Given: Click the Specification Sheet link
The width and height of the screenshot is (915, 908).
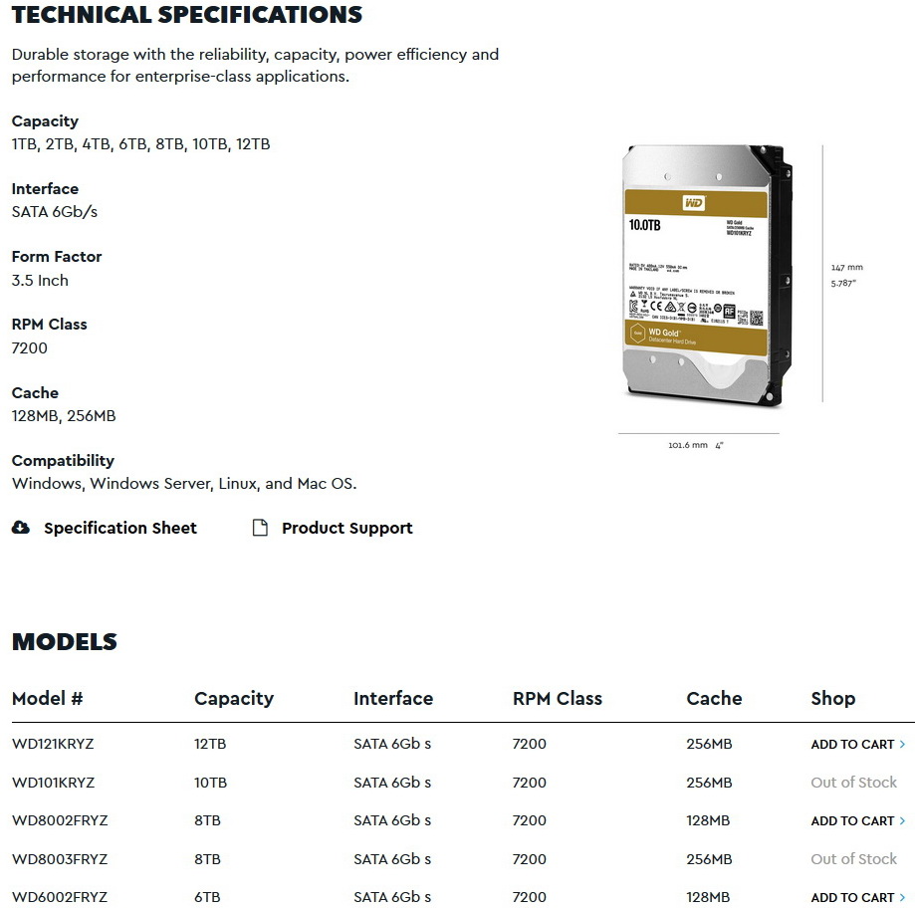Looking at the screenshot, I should click(119, 528).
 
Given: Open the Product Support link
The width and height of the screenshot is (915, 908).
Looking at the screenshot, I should click(346, 528).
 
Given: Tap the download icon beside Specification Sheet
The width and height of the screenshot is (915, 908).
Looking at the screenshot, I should click(21, 528).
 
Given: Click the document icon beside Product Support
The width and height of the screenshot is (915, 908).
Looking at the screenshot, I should click(260, 528).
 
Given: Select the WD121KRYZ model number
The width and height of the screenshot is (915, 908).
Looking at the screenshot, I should click(53, 744).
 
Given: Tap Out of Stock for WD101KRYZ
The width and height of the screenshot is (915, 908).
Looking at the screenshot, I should click(853, 783).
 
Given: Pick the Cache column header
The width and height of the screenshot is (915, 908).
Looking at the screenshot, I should click(714, 698).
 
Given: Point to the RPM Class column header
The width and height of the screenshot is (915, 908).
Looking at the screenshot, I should click(557, 698).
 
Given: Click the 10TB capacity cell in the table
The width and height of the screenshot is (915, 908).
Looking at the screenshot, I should click(210, 783).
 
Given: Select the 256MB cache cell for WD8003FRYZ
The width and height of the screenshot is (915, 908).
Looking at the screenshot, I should click(709, 859).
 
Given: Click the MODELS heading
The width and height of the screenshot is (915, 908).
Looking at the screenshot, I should click(65, 642).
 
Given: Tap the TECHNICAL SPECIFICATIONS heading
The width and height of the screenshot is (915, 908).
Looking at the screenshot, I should click(187, 15).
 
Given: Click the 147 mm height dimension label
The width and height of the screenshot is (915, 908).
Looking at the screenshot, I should click(846, 267).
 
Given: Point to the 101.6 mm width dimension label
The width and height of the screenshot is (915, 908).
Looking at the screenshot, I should click(687, 445).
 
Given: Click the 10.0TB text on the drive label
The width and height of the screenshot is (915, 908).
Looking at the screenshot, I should click(644, 225).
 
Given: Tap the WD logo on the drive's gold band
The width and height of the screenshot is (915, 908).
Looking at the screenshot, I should click(693, 203).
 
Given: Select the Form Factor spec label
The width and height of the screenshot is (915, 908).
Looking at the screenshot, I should click(57, 256).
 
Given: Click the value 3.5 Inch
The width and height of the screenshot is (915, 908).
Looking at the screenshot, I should click(40, 280).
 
